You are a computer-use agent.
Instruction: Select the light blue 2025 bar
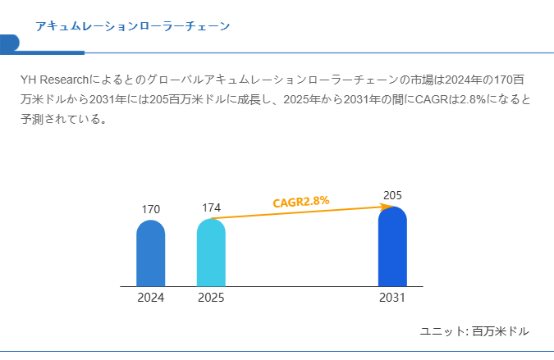tap(211, 253)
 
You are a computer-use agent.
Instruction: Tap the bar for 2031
tap(392, 247)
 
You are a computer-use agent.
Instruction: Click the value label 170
tap(150, 209)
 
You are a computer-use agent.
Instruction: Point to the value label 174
tap(211, 207)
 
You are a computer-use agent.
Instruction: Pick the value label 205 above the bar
tap(392, 195)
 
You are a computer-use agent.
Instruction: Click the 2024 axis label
tap(150, 298)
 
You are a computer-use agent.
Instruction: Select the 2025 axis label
tap(211, 298)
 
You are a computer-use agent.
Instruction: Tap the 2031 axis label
tap(392, 298)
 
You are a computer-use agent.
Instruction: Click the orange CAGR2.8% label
tap(300, 202)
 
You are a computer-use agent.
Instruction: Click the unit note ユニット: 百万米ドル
tap(474, 331)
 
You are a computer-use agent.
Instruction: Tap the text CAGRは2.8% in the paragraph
tap(446, 100)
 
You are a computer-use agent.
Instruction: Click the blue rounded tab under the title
tap(10, 44)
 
